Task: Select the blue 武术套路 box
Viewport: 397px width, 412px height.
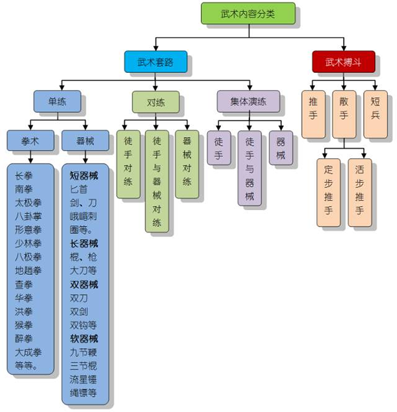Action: click(155, 62)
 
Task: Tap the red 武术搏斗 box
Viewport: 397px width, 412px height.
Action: click(343, 62)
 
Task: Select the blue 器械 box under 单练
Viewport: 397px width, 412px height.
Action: click(85, 140)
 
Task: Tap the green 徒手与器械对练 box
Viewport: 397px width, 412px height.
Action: click(157, 180)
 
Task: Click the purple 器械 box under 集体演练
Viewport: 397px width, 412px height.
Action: click(281, 147)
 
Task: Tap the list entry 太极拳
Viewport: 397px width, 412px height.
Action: click(28, 203)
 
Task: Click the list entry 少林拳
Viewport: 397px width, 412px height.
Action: click(28, 244)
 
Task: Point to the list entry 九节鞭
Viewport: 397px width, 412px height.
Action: click(84, 352)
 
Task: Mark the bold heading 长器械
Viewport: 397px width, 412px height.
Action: click(84, 244)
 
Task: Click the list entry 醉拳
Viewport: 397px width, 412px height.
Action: click(24, 338)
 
